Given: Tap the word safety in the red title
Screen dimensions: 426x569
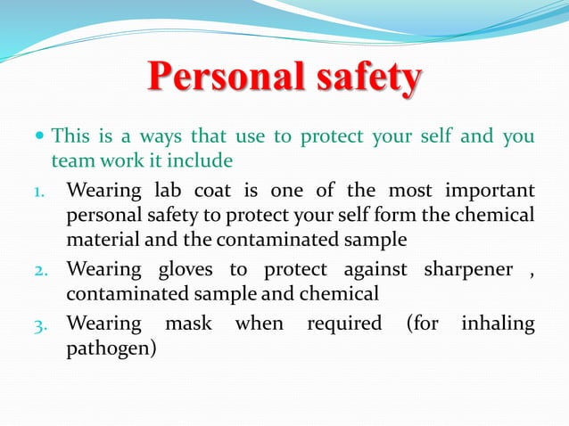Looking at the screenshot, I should click(x=366, y=80).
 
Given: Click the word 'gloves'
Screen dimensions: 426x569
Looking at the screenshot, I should click(x=189, y=269).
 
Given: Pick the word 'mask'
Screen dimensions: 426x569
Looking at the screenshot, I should click(x=187, y=323).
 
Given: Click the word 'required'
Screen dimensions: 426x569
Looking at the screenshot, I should click(x=343, y=323).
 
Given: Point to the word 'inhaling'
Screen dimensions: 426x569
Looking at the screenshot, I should click(x=498, y=323).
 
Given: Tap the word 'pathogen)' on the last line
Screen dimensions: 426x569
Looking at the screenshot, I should click(x=111, y=347).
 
